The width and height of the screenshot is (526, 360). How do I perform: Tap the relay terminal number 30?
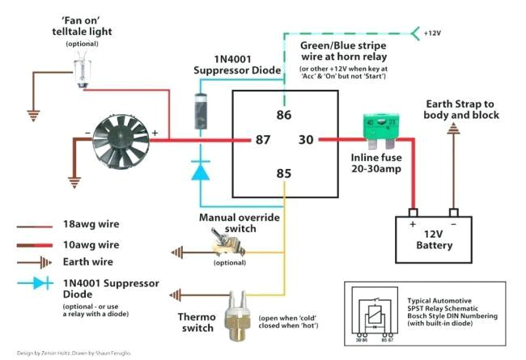305,139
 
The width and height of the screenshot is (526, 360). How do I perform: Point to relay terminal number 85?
282,172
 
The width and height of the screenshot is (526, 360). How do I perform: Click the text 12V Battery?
434,239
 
